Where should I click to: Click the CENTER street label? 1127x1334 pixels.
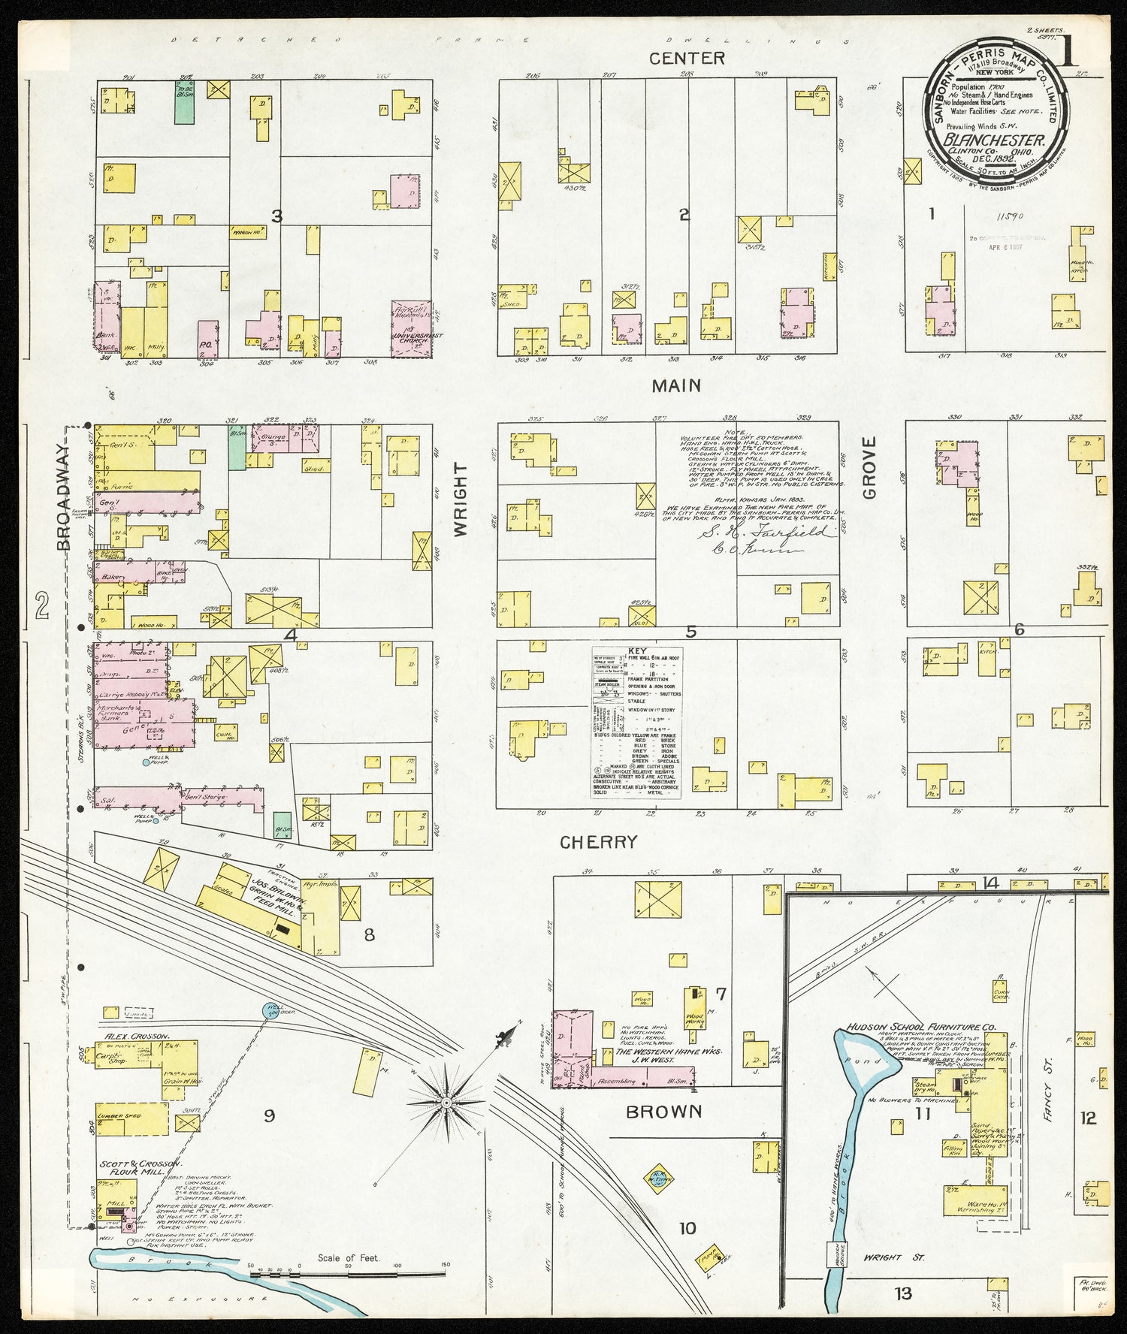pyautogui.click(x=687, y=58)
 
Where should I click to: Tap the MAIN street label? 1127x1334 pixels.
pyautogui.click(x=676, y=385)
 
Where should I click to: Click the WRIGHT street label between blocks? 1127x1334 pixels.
pyautogui.click(x=460, y=499)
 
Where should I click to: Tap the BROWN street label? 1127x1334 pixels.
pyautogui.click(x=664, y=1111)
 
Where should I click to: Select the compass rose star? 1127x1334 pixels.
pyautogui.click(x=446, y=1102)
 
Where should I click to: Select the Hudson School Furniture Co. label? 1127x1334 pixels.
pyautogui.click(x=920, y=1027)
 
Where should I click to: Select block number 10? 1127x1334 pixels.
pyautogui.click(x=687, y=1229)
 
